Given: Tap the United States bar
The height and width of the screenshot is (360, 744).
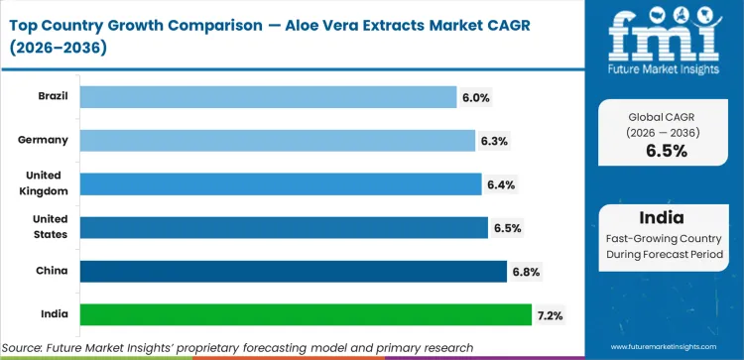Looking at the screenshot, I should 283,227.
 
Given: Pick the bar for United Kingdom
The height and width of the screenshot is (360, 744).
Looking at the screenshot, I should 280,183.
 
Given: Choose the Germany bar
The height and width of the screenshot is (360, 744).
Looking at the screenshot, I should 277,141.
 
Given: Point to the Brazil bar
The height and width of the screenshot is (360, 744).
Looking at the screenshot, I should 267,97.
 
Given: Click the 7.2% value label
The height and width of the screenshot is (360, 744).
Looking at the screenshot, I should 552,314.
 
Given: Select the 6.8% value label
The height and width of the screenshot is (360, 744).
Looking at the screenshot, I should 526,271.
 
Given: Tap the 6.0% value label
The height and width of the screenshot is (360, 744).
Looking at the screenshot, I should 474,97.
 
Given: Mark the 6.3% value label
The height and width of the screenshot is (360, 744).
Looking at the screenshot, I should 494,141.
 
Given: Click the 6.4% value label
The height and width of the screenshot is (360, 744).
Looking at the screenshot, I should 500,184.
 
